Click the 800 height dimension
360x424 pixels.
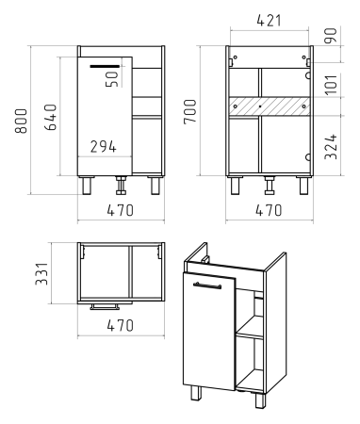(21, 122)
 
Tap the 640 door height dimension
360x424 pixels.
(50, 117)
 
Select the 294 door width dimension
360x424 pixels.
(104, 147)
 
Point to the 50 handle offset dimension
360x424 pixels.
(112, 79)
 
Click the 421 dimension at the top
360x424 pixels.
(269, 21)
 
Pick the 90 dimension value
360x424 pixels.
(331, 35)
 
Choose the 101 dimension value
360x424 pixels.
(331, 85)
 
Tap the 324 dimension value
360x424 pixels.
(331, 147)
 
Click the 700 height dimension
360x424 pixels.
(190, 111)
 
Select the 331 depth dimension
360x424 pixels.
(41, 274)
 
